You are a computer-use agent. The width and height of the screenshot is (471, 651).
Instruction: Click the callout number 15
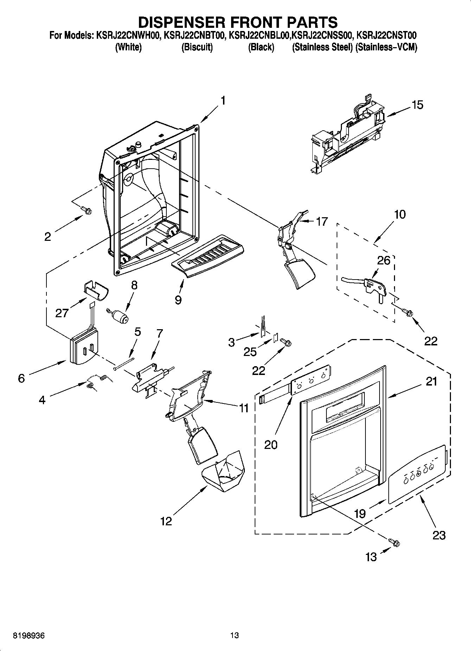tap(417, 105)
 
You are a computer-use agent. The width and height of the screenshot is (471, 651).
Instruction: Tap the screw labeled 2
tap(87, 210)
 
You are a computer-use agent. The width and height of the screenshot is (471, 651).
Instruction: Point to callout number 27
tap(62, 313)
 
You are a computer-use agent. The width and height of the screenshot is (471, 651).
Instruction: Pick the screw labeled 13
tap(394, 544)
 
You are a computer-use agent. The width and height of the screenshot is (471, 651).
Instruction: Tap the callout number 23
tap(439, 535)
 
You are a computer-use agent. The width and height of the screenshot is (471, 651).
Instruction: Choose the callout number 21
tap(431, 381)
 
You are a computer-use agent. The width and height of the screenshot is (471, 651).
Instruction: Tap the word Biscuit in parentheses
tap(197, 47)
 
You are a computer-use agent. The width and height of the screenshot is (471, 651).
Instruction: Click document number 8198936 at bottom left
tap(29, 636)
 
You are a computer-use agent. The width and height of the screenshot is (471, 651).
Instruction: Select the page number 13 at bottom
tap(235, 636)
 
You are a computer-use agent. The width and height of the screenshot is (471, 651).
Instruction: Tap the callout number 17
tap(322, 221)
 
